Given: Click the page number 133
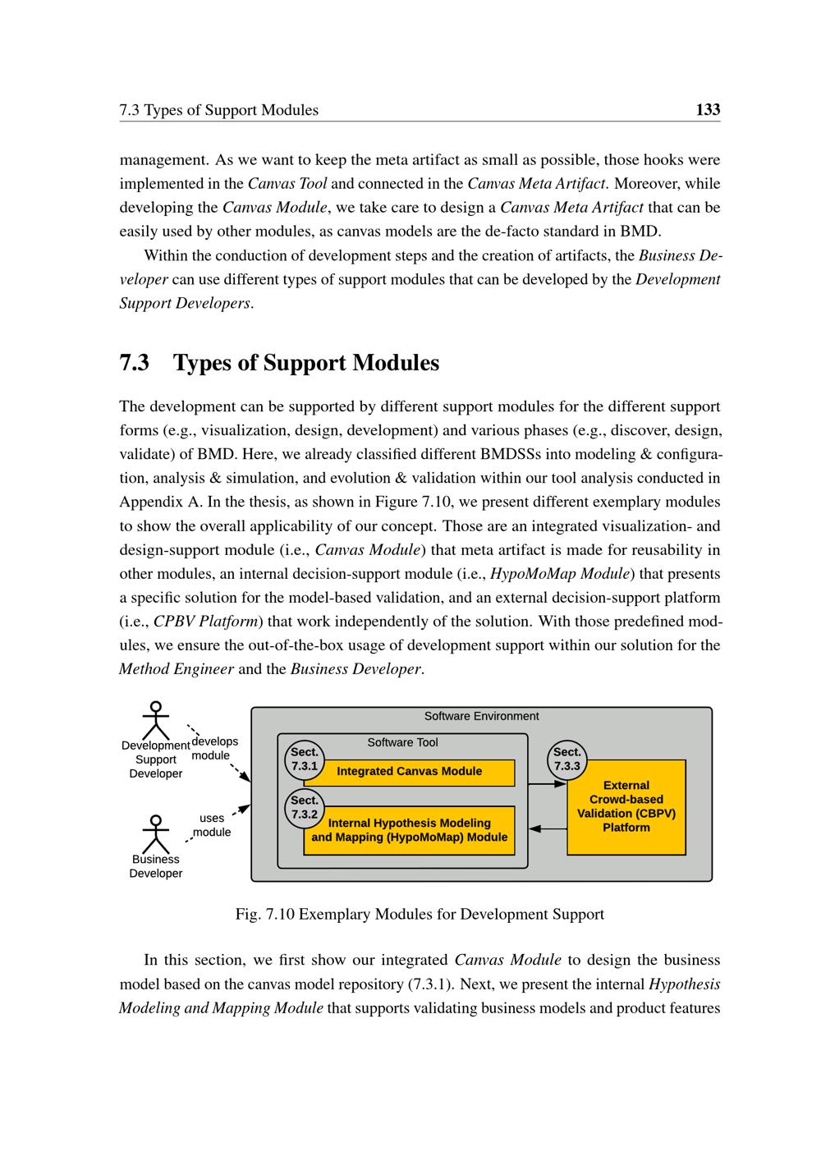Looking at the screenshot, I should tap(708, 109).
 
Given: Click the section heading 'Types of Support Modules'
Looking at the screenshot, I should tap(305, 363).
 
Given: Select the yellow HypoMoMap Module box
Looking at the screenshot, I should tap(409, 831).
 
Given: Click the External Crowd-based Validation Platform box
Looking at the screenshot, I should tap(626, 807).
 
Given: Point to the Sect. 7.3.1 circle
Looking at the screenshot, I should tap(305, 759).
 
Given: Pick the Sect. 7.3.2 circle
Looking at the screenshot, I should tap(305, 808).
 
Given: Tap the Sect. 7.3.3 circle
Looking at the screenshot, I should tap(567, 759).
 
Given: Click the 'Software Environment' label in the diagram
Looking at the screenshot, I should tap(481, 716).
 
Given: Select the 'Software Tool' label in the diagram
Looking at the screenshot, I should tap(402, 742).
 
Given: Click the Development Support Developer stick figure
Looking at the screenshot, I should tap(155, 720).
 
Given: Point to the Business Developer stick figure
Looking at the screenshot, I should tap(155, 833).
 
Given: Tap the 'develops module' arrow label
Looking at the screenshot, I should tap(213, 749).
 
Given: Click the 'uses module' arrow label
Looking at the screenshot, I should tap(212, 825).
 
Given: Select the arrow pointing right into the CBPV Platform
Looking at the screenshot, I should tap(548, 784).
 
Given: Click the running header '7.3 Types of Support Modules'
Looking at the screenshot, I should tap(218, 110).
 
